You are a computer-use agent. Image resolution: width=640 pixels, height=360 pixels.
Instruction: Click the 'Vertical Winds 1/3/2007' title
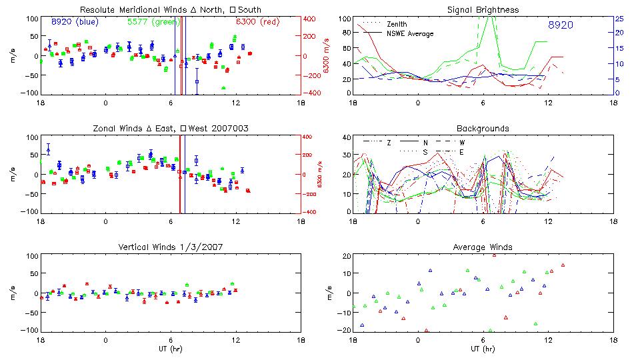170,247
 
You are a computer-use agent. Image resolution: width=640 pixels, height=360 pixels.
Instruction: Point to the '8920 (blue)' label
73,22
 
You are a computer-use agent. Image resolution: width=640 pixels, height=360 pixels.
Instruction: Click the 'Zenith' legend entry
397,24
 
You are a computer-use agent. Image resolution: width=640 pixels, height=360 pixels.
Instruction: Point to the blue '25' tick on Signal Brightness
619,19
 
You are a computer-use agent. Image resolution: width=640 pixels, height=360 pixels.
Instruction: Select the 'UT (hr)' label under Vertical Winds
170,349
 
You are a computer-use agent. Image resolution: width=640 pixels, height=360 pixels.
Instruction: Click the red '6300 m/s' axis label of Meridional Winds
327,56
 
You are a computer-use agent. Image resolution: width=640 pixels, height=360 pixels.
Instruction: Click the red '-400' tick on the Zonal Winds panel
309,212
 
